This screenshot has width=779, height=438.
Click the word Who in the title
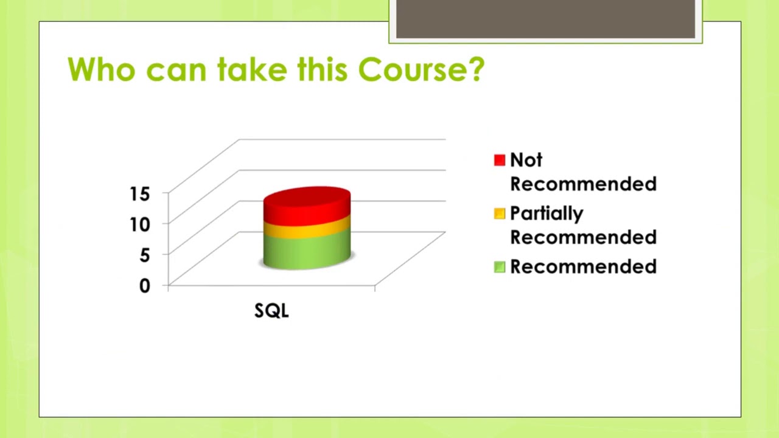[101, 69]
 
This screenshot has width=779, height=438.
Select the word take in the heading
[253, 69]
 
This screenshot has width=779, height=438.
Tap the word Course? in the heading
[421, 69]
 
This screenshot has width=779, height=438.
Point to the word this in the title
[323, 69]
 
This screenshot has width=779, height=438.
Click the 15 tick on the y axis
[139, 194]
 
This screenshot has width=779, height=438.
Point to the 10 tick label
[139, 224]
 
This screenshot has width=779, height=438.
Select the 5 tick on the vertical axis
[144, 255]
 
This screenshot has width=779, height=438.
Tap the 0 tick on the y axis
[144, 285]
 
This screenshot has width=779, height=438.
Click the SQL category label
[271, 311]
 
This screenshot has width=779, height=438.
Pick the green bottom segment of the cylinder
[307, 252]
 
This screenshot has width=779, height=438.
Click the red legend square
[500, 160]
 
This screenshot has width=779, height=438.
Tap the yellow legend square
[500, 214]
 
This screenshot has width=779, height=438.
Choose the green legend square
[500, 267]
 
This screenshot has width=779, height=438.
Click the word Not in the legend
[526, 160]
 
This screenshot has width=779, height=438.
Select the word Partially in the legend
[547, 214]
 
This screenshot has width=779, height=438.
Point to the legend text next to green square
[583, 267]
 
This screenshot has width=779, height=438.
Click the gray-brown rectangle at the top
[545, 19]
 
